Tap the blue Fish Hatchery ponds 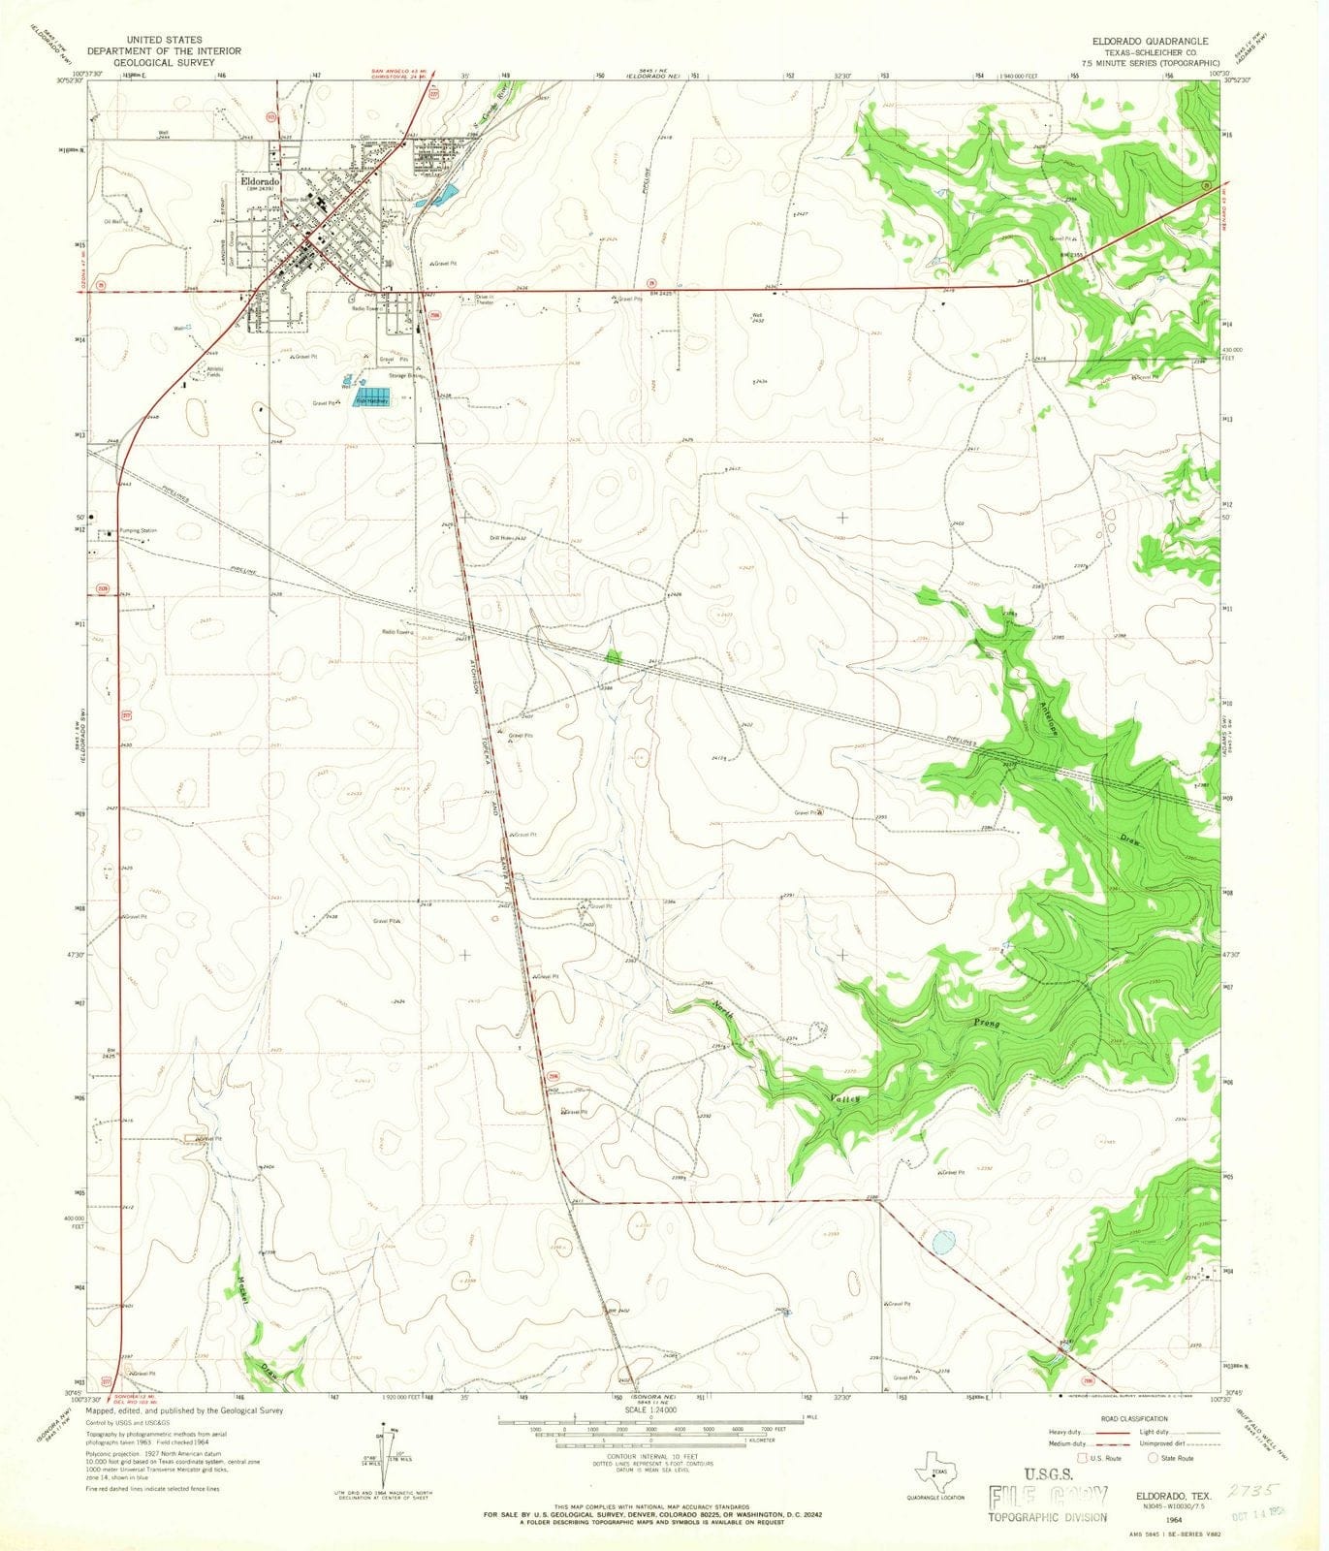372,400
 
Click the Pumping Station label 138,530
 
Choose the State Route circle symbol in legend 1154,1457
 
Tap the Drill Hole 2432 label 507,537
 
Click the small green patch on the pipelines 613,656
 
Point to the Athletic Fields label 214,371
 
